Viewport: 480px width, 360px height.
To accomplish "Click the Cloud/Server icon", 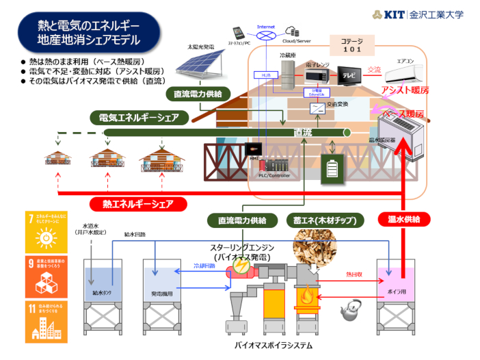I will pos(293,31).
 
